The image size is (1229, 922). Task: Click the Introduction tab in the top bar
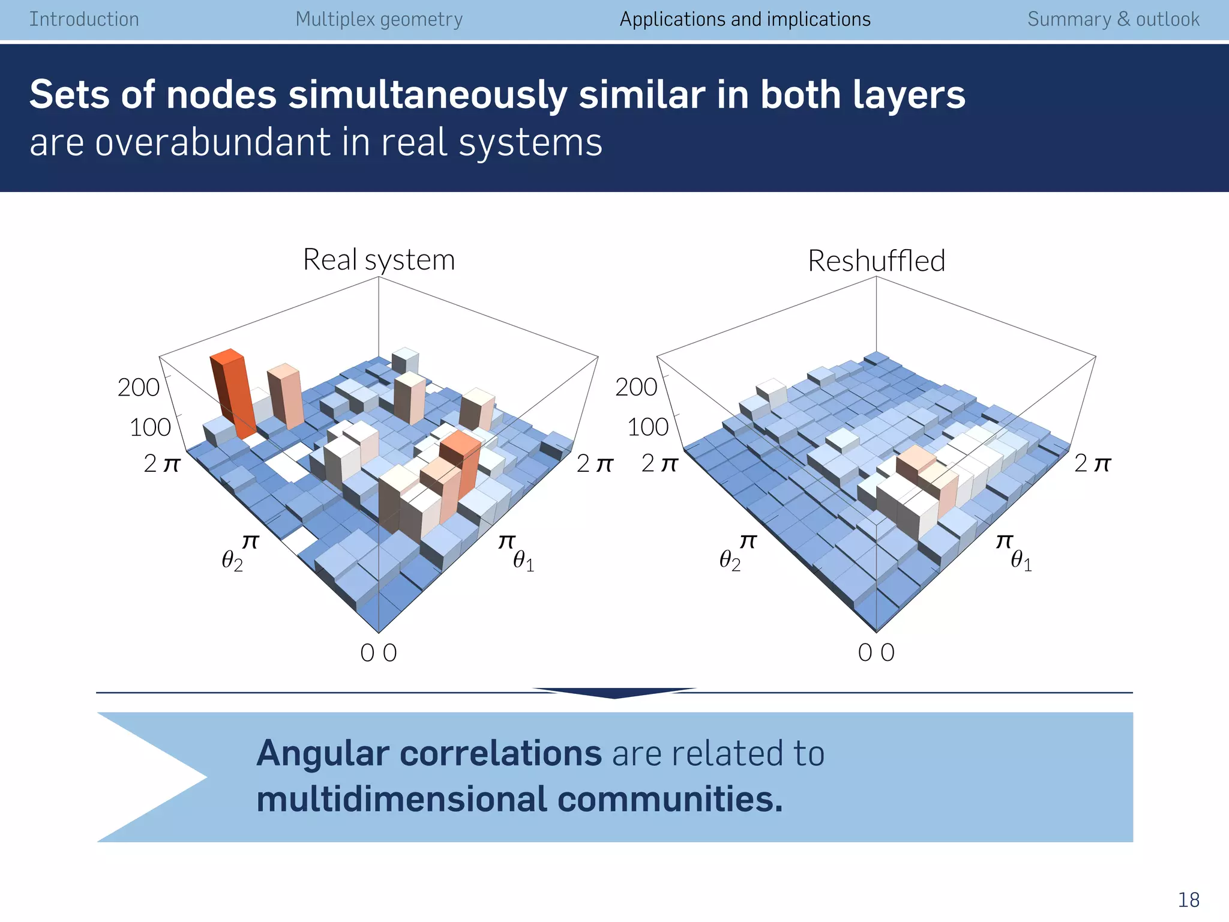[84, 19]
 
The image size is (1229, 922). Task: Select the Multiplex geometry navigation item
[379, 19]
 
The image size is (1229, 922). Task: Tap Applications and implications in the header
[745, 19]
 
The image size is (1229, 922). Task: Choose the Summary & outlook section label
[1113, 19]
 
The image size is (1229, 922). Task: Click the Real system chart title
[379, 260]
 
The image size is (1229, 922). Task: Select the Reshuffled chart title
[876, 261]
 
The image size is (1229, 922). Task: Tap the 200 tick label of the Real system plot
[138, 388]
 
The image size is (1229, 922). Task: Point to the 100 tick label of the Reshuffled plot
[648, 427]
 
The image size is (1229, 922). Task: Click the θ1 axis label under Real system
[523, 561]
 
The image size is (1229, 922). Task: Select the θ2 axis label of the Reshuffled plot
[730, 561]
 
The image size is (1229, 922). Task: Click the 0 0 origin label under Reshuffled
[876, 652]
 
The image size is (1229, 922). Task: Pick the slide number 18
[1188, 900]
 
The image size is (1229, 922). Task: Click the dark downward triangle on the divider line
[614, 693]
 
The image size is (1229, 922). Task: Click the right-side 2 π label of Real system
[594, 464]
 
